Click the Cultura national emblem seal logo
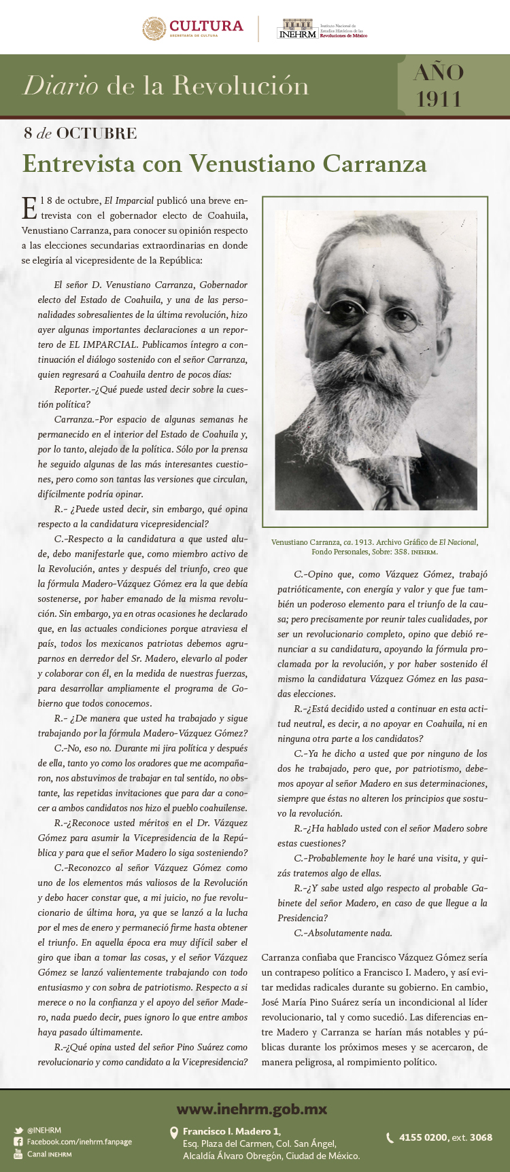[x=154, y=29]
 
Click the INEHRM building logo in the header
[x=297, y=29]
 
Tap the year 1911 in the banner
[x=439, y=99]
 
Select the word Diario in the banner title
[x=61, y=86]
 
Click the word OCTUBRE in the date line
[x=97, y=133]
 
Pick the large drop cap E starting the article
[x=29, y=207]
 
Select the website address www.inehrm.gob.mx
[x=252, y=1109]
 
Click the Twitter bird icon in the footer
[x=18, y=1131]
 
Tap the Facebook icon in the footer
[x=18, y=1142]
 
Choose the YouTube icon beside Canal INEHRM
[x=18, y=1154]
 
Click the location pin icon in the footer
[x=173, y=1133]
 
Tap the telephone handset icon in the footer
[x=390, y=1137]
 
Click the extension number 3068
[x=481, y=1137]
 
